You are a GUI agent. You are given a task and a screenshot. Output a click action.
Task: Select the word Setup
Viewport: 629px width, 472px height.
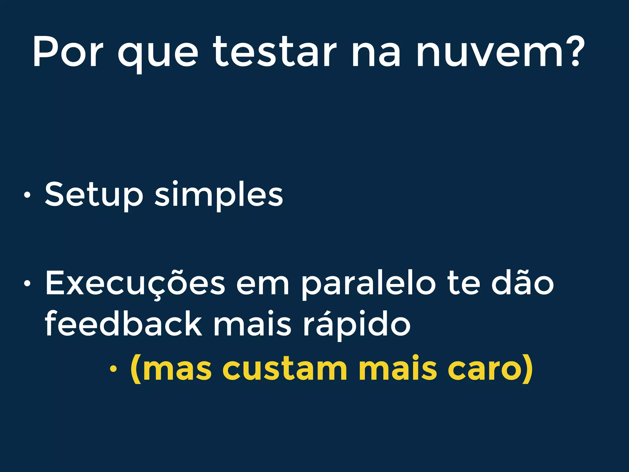pyautogui.click(x=94, y=195)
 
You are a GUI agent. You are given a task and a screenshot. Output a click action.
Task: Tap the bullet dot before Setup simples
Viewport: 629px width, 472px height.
pyautogui.click(x=27, y=195)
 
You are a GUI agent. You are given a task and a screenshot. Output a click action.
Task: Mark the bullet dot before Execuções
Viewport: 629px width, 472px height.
pyautogui.click(x=27, y=284)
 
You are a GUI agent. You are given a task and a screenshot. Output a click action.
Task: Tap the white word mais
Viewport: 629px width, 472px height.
pyautogui.click(x=252, y=324)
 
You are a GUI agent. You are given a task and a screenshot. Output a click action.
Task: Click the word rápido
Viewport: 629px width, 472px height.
pyautogui.click(x=357, y=324)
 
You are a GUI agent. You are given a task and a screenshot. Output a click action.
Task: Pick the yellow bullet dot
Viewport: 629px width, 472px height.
pyautogui.click(x=113, y=369)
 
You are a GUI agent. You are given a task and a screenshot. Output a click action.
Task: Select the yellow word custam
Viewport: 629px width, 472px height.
pyautogui.click(x=287, y=368)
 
